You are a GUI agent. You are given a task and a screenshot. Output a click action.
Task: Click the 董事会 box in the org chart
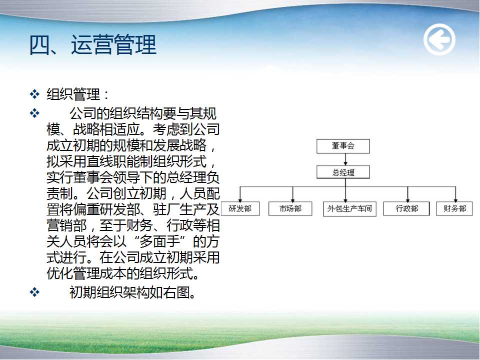[343, 146]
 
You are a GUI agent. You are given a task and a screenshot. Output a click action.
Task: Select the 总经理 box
[343, 172]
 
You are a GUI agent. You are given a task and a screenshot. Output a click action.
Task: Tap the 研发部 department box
[240, 209]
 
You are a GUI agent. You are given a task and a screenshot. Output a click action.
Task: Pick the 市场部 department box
[290, 209]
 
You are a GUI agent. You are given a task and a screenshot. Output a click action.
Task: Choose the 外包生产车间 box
[349, 209]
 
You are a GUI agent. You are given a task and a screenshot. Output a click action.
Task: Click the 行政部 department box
[406, 209]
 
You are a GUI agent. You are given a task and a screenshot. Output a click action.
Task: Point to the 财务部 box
[454, 209]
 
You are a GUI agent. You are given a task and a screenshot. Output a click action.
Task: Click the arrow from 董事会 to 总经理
[345, 159]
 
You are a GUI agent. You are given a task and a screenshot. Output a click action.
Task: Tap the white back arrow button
[439, 40]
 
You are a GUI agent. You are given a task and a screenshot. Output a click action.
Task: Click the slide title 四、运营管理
[93, 44]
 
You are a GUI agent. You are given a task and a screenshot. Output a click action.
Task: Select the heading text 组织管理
[73, 94]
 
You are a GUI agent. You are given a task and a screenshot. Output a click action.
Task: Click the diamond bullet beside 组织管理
[34, 93]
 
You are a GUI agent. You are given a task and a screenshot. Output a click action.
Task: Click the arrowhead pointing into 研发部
[240, 199]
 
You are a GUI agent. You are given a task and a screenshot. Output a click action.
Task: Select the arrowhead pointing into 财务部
[456, 199]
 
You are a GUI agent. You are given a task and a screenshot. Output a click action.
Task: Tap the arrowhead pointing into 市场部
[293, 199]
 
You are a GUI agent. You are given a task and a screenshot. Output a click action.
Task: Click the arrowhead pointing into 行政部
[408, 199]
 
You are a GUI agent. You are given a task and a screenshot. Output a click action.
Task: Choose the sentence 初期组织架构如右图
[132, 292]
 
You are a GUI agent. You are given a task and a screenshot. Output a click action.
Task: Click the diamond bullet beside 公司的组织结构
[34, 113]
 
